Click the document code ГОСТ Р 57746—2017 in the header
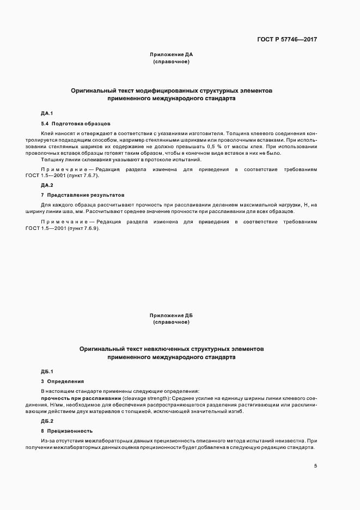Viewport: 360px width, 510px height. [x=287, y=39]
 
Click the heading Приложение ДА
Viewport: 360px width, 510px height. [x=171, y=54]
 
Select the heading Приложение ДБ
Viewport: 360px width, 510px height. [x=171, y=315]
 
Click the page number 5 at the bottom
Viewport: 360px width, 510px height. [x=316, y=465]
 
